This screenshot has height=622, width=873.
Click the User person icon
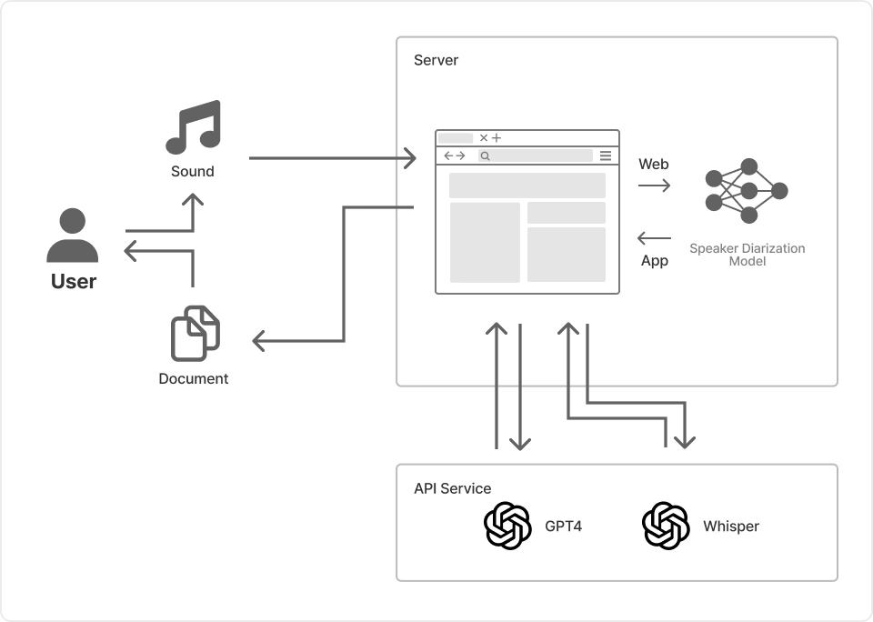[x=73, y=236]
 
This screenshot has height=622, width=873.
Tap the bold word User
[x=74, y=281]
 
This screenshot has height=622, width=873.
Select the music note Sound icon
[x=193, y=127]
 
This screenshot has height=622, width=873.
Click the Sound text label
[x=193, y=171]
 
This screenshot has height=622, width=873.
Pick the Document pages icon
[x=195, y=334]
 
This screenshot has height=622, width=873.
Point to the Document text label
[x=194, y=378]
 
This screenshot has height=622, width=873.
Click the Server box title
[x=436, y=60]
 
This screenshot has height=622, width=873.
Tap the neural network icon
[x=747, y=191]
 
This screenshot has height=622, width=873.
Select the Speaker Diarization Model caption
[x=748, y=255]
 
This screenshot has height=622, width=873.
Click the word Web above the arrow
[x=654, y=164]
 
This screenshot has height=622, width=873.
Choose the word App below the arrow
[x=655, y=261]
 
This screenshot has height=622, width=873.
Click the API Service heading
[x=453, y=488]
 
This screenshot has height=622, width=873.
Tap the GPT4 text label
[x=564, y=526]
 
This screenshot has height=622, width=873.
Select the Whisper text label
[x=731, y=526]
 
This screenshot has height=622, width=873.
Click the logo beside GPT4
[x=507, y=526]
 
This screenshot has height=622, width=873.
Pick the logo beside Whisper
[x=666, y=526]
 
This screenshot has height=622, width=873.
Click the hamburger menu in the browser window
[x=606, y=155]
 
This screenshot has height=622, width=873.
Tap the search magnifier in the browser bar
[x=486, y=156]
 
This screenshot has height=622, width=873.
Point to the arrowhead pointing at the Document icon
[x=257, y=341]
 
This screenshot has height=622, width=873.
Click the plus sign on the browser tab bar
[x=497, y=138]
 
